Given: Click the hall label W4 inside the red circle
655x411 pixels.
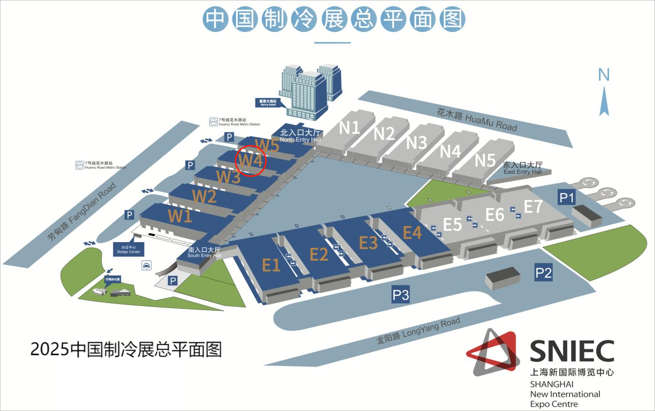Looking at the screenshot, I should pos(250,160).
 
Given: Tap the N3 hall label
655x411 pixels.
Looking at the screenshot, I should pos(416,142).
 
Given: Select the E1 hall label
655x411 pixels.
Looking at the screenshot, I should pos(271,265).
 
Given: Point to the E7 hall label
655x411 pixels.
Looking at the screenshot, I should pos(533,207).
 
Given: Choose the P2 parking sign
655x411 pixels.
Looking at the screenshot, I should pos(543,273).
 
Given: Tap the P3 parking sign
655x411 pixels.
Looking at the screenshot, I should pos(401,294).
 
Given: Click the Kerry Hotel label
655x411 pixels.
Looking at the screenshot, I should pos(269,103).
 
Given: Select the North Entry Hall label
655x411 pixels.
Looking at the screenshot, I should pos(300,135).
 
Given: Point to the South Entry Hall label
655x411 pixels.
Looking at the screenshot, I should pos(204,253).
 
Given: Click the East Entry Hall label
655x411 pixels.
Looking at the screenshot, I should pos(522,168).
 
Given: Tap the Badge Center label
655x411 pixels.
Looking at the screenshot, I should pos(128,249).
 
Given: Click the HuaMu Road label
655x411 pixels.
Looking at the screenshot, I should pos(477,119).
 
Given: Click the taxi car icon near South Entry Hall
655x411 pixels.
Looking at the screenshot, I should pos(146,265).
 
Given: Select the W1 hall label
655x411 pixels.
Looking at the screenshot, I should pos(180,216).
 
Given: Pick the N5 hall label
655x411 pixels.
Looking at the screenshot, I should pos(485,160).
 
